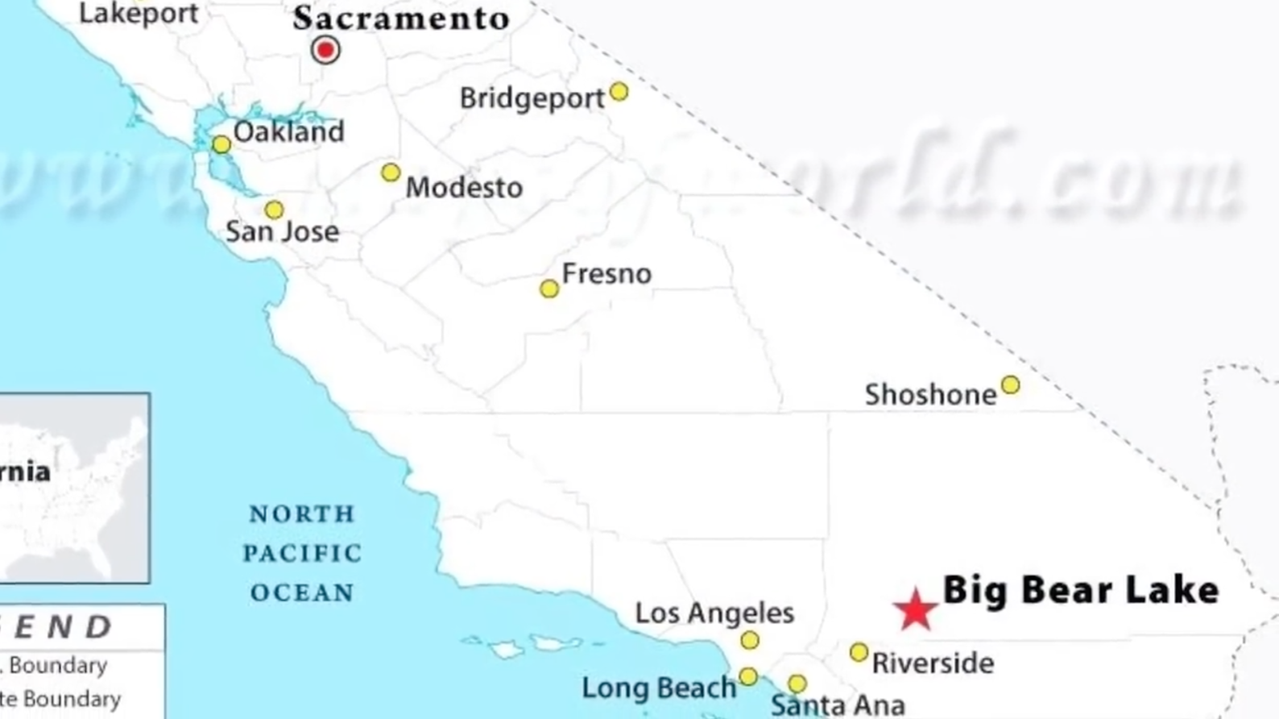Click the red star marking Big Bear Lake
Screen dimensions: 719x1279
coord(915,609)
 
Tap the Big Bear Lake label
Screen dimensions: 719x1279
coord(1080,590)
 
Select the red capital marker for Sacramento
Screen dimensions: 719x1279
coord(325,50)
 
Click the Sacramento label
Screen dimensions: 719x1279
coord(401,19)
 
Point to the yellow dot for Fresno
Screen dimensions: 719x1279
coord(549,289)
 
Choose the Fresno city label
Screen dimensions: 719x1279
coord(606,274)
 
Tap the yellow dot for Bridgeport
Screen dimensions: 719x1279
coord(619,92)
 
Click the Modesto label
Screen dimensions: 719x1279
coord(464,188)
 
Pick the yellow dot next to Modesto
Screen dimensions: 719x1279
coord(391,172)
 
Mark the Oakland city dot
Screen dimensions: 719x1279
coord(221,145)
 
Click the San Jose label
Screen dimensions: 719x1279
coord(282,232)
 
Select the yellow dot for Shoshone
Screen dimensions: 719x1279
coord(1010,385)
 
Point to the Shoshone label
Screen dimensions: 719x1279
coord(930,395)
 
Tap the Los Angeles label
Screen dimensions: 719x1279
coord(714,613)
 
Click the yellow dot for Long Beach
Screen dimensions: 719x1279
coord(748,676)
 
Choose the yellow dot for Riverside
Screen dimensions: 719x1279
coord(859,651)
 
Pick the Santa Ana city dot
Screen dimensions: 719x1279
coord(797,684)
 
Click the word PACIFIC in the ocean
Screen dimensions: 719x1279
coord(302,554)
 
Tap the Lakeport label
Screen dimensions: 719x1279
coord(139,14)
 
